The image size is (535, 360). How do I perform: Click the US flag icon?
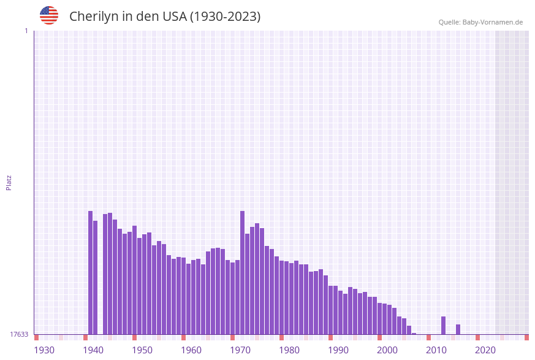[x=49, y=15]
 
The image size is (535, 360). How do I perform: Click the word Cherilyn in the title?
[x=93, y=17]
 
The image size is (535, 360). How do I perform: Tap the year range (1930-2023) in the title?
[x=225, y=17]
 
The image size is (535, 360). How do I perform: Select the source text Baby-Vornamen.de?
[x=492, y=22]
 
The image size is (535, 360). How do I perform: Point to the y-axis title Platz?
[x=9, y=182]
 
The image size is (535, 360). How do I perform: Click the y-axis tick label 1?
[x=26, y=31]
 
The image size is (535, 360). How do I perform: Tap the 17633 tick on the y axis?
[x=18, y=334]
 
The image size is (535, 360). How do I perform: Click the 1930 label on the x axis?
[x=44, y=350]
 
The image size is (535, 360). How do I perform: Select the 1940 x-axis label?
[x=93, y=350]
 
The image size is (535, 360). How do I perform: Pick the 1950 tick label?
[x=142, y=350]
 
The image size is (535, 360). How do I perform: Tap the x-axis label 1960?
[x=191, y=350]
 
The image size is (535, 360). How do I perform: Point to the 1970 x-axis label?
[x=240, y=350]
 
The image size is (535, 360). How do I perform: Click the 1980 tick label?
[x=289, y=350]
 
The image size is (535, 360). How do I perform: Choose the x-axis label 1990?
[x=338, y=350]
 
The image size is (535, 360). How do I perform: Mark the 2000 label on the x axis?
[x=387, y=350]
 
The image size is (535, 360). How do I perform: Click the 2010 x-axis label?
[x=436, y=350]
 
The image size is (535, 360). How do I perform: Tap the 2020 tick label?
[x=485, y=350]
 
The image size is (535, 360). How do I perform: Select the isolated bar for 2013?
[x=444, y=325]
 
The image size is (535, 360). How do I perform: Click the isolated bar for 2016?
[x=458, y=329]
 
